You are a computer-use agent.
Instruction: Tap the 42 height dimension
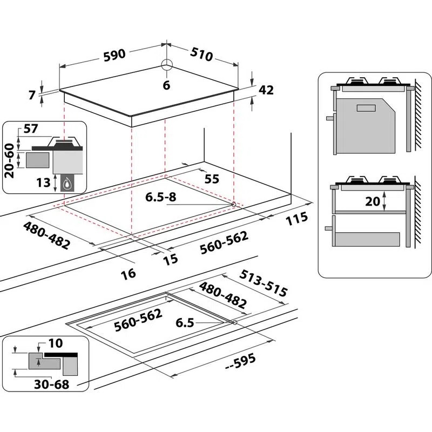coord(266,91)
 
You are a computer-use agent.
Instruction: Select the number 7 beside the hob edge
coord(32,96)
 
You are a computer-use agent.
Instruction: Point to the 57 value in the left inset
coord(31,130)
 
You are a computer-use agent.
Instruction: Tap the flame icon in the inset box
coord(67,183)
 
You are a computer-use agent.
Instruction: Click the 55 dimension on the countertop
coord(212,179)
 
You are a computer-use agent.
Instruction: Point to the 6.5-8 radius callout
coord(161,197)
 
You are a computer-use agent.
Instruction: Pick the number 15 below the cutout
coord(170,259)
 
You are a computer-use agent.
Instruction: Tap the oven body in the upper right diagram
coord(367,124)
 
